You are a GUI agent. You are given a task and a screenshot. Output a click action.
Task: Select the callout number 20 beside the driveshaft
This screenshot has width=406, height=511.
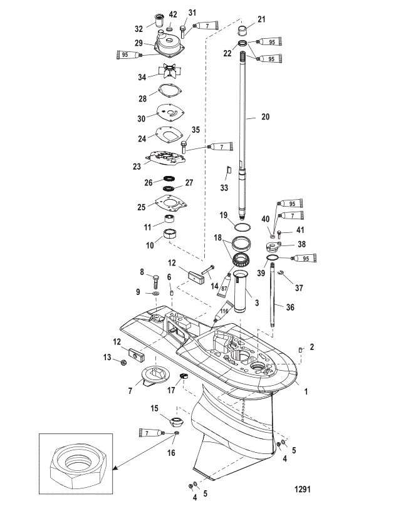pyautogui.click(x=266, y=116)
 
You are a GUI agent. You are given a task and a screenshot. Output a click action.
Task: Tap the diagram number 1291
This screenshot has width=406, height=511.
pyautogui.click(x=302, y=489)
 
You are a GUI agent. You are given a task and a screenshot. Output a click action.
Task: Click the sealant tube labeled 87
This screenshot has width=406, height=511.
pyautogui.click(x=225, y=285)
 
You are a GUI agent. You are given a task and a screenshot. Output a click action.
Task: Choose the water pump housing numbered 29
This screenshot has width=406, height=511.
pyautogui.click(x=169, y=42)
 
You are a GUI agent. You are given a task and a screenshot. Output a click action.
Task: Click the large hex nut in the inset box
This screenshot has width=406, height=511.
pyautogui.click(x=76, y=467)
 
